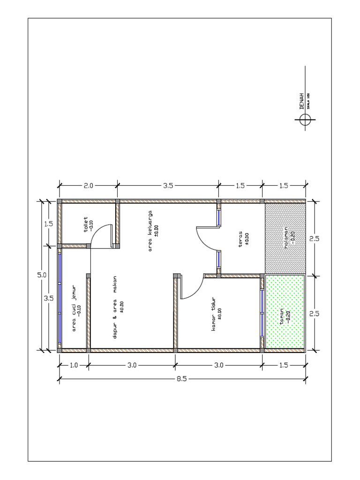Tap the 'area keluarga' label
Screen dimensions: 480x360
[x=150, y=231]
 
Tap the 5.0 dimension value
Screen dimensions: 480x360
[x=42, y=275]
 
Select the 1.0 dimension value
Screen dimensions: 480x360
[x=74, y=365]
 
